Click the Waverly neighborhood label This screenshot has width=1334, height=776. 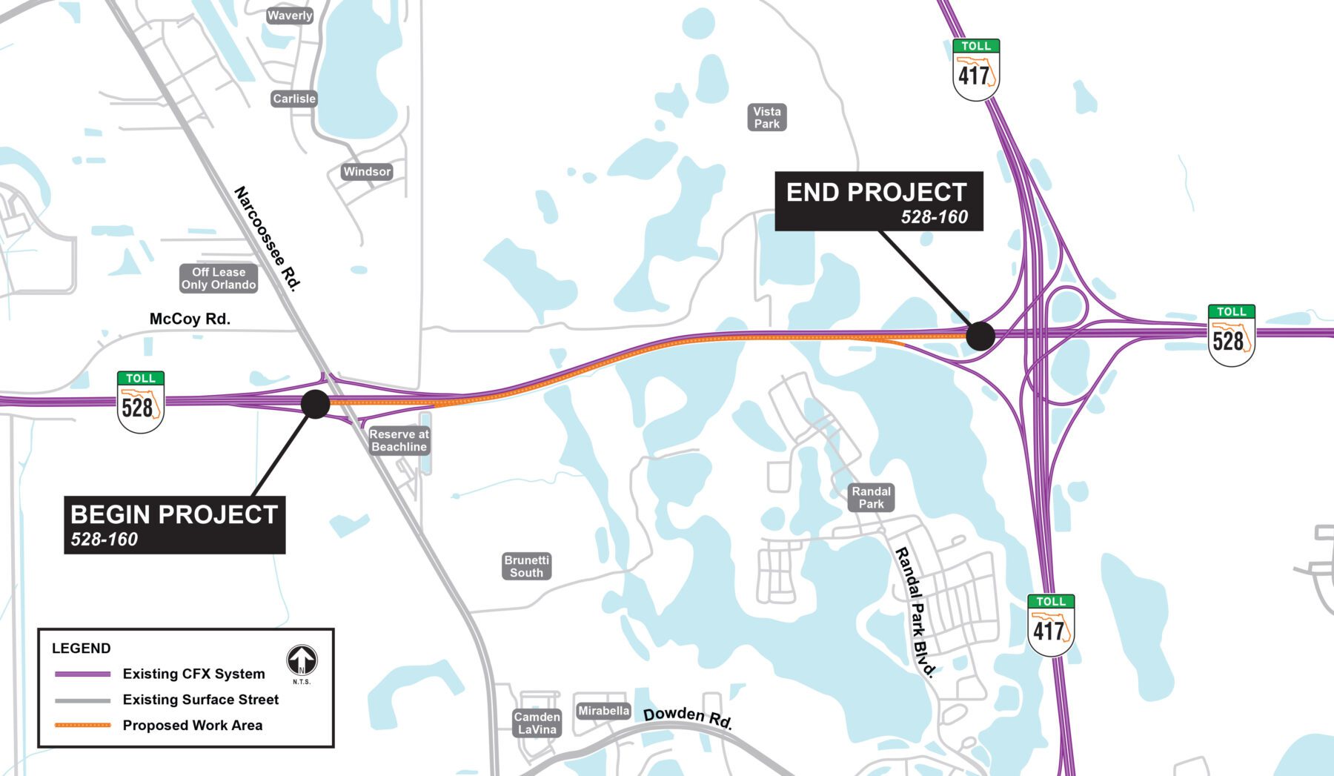coord(290,16)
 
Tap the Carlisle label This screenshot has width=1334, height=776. coord(294,99)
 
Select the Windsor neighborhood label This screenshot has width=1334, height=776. coord(367,171)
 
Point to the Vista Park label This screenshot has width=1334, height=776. coord(767,117)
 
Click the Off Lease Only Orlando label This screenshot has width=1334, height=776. coord(219,279)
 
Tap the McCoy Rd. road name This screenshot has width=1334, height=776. coord(190,319)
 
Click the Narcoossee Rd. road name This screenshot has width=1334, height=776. coord(268,239)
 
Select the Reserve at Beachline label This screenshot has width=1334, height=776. coord(399,440)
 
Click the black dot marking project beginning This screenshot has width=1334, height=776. coord(316,404)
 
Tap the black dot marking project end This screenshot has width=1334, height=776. coord(980,336)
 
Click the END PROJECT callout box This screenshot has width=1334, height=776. coord(878,201)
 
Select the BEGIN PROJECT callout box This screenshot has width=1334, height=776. coord(175,525)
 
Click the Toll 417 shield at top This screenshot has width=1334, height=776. coord(976,70)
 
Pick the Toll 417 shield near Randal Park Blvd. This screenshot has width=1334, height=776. coord(1051,625)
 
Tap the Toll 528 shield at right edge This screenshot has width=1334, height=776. coord(1231,335)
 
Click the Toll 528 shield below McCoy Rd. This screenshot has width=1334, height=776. coord(141,402)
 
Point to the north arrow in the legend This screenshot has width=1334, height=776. coord(302,660)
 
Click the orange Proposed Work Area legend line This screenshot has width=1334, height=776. coord(83,725)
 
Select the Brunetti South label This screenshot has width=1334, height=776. coord(526,566)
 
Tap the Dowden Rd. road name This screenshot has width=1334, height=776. coord(688,717)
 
